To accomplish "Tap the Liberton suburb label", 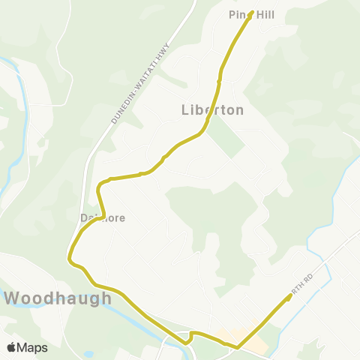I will coord(213,109).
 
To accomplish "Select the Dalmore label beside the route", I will coord(103,218).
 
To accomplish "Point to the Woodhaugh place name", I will coord(58,298).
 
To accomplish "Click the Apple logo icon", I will coord(11,348).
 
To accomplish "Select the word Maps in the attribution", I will coord(32,348).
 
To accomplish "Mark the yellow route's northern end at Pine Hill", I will coord(251,12).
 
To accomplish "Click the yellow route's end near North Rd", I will coord(290,296).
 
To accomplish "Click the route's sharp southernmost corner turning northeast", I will coord(238,347).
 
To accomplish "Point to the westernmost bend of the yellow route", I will coord(70,259).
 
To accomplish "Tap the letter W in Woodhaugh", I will coord(13,298).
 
